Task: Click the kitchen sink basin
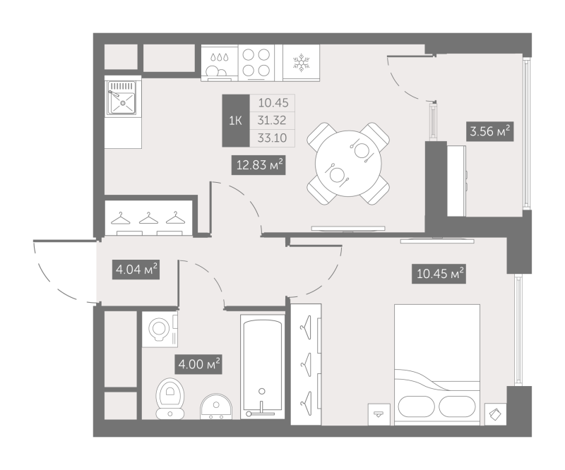click(122, 103)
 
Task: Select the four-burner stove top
click(256, 63)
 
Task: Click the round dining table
click(348, 164)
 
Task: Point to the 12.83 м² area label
click(258, 165)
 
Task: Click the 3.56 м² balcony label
click(490, 131)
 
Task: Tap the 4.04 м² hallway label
click(136, 269)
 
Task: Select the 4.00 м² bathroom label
click(198, 364)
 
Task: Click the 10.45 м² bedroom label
click(439, 274)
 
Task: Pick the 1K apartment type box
click(236, 121)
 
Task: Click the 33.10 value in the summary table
click(272, 138)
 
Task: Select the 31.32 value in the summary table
click(272, 120)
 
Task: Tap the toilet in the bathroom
click(170, 398)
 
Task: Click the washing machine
click(160, 329)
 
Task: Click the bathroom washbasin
click(216, 406)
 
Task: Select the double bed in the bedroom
click(437, 364)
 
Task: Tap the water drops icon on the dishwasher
click(220, 57)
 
